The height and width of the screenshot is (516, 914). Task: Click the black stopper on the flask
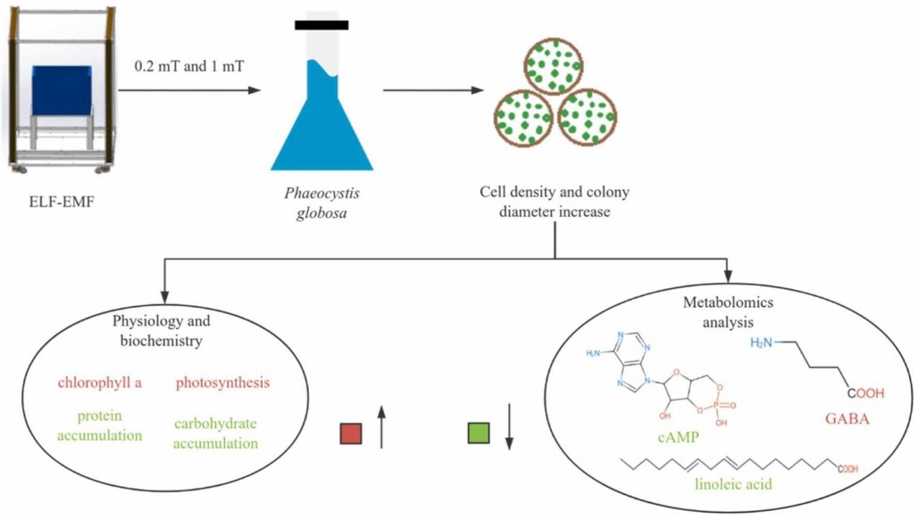click(321, 25)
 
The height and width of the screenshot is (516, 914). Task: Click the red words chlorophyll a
click(99, 382)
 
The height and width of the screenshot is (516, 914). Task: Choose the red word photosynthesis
click(222, 382)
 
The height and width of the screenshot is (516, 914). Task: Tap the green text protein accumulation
click(100, 426)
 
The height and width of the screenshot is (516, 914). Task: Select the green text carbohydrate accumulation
click(215, 433)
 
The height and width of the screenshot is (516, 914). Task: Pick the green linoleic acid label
click(733, 484)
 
